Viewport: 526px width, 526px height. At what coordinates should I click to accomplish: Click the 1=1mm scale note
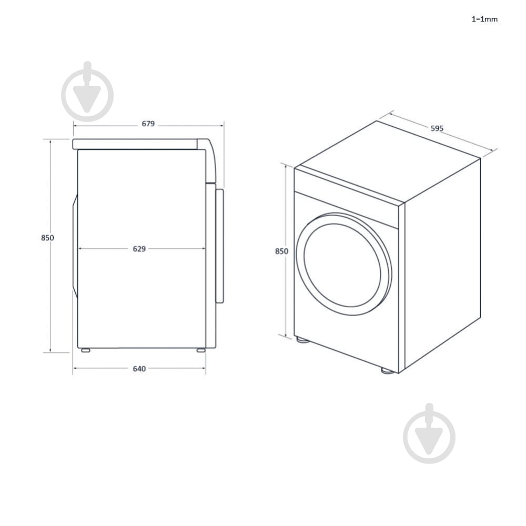point(484,19)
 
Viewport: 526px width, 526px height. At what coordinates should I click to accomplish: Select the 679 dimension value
point(148,124)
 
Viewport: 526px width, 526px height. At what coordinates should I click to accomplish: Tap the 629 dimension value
point(139,249)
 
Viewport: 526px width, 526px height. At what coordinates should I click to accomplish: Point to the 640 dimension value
point(139,369)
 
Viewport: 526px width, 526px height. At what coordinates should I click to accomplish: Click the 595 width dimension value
point(437,128)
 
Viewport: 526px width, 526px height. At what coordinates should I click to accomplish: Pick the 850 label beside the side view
point(47,238)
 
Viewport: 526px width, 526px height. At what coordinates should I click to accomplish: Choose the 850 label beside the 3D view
point(281,251)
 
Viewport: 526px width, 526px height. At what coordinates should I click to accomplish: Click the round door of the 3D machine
point(343,264)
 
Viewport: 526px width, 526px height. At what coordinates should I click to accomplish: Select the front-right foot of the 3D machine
point(388,371)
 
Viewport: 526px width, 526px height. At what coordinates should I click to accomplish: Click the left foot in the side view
point(84,350)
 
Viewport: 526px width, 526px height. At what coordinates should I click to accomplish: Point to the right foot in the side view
point(201,350)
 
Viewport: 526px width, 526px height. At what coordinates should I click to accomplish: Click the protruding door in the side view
point(219,245)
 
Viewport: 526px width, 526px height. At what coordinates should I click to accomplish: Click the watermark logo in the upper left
point(87,92)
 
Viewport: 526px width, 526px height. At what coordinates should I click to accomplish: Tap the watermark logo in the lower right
point(429,434)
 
